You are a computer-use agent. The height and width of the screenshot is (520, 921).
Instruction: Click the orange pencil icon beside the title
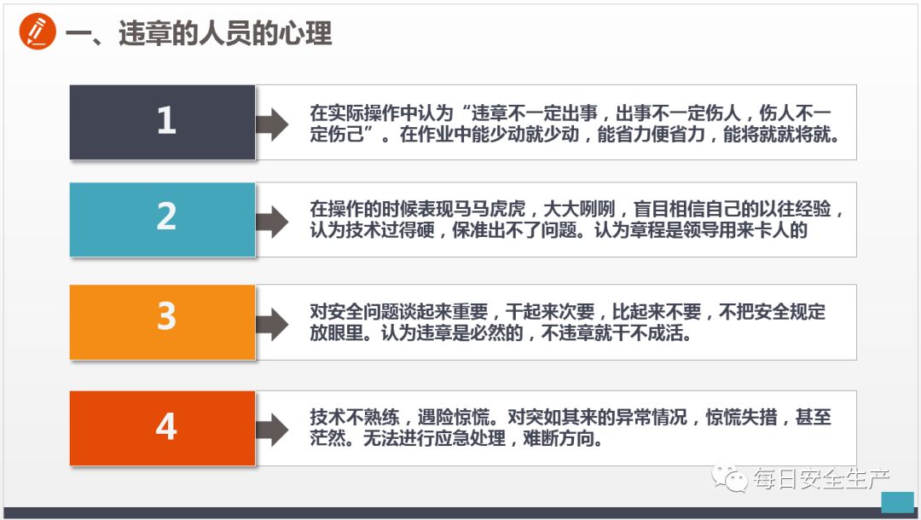(x=37, y=32)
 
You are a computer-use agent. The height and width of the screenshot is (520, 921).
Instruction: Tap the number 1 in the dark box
(x=165, y=122)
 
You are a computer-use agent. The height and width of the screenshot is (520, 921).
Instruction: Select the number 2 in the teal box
(x=165, y=218)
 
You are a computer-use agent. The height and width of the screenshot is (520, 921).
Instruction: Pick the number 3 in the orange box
(x=165, y=317)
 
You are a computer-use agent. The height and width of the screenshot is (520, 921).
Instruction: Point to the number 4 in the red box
(x=165, y=426)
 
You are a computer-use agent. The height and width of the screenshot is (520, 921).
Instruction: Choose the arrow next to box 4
(x=273, y=430)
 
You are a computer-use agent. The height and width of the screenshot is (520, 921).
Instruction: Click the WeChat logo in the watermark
(x=732, y=478)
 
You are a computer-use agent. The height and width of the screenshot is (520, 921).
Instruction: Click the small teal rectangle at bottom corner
(x=896, y=501)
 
